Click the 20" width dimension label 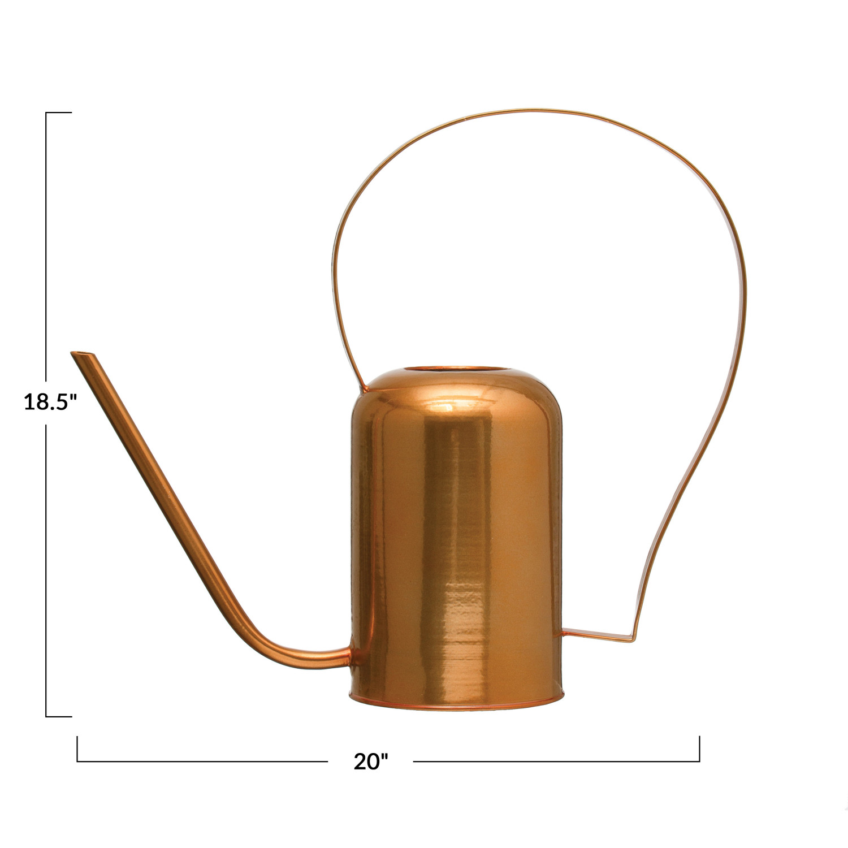pos(371,762)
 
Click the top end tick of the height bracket pos(59,113)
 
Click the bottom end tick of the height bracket pos(59,717)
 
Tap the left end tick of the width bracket pos(77,749)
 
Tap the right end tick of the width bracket pos(699,749)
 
